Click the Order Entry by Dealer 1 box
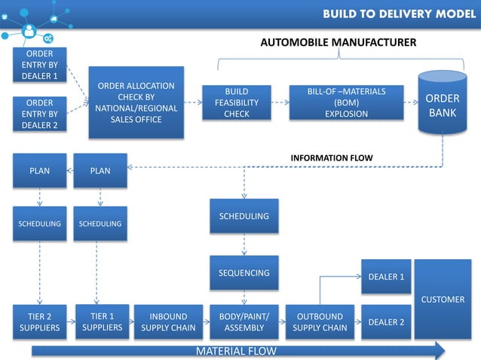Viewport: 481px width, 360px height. [x=40, y=65]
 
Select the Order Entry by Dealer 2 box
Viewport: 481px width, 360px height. [x=40, y=114]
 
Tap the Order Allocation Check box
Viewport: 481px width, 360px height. [x=136, y=102]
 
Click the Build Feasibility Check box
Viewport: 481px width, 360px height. [x=236, y=102]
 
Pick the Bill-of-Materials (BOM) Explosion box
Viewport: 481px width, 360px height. [x=346, y=102]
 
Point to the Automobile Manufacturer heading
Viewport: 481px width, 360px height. [x=338, y=42]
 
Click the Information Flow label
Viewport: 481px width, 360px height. [x=332, y=157]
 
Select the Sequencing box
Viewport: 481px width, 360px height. [x=244, y=273]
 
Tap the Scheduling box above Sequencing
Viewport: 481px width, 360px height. [x=244, y=216]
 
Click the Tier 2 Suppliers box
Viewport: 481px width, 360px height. [x=40, y=322]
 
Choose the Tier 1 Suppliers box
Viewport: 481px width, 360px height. [x=102, y=322]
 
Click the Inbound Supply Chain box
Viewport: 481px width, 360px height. [x=168, y=322]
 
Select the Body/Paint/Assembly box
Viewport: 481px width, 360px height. [x=244, y=322]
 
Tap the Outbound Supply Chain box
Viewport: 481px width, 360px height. [x=320, y=322]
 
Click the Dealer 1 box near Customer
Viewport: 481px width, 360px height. [x=386, y=277]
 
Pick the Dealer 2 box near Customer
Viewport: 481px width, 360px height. [x=386, y=322]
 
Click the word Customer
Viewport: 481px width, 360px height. [x=443, y=299]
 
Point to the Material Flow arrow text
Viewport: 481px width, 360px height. [x=236, y=351]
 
